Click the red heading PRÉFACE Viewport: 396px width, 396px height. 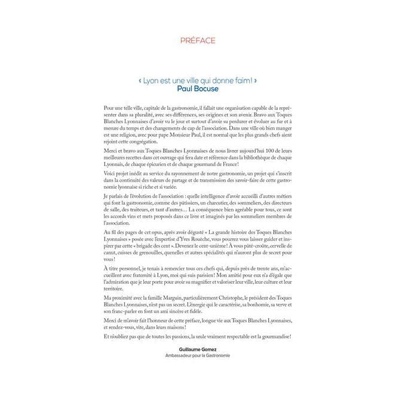tap(198, 41)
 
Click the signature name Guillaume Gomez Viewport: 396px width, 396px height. tap(198, 348)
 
